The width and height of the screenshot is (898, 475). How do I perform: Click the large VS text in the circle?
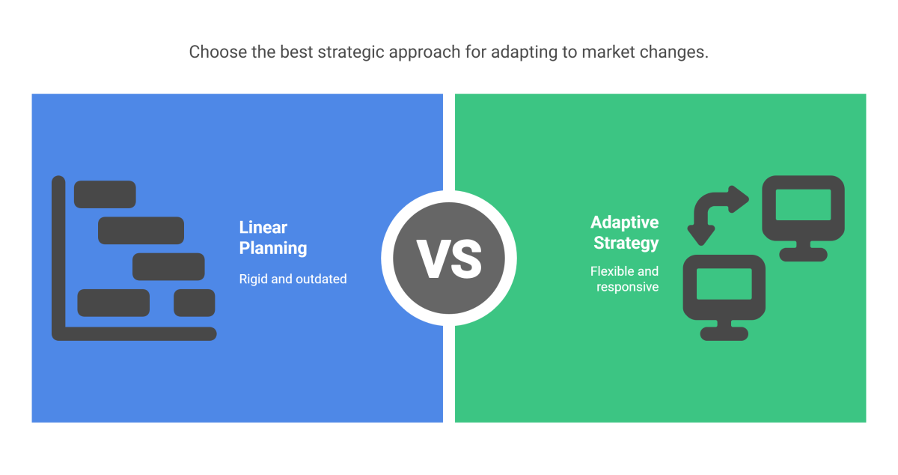click(449, 258)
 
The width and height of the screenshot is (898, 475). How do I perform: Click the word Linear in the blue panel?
click(263, 228)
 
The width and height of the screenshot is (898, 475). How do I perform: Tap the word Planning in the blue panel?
click(272, 248)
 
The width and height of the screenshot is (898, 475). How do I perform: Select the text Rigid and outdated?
click(293, 279)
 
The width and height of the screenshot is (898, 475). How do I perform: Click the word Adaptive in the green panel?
click(624, 223)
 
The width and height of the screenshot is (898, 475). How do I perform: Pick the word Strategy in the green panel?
click(626, 243)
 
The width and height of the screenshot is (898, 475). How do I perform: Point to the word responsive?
click(627, 287)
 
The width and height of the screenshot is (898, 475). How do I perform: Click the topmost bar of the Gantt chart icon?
click(105, 194)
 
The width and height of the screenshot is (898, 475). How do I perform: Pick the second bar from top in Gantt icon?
click(141, 230)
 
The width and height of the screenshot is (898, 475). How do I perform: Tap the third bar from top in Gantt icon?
click(168, 267)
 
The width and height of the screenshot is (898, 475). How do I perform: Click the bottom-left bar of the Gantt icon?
click(113, 303)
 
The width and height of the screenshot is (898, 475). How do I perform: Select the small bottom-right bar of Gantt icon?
click(195, 303)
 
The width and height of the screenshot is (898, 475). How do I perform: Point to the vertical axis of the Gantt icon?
click(58, 255)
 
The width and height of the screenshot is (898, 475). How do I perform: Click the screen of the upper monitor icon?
click(803, 205)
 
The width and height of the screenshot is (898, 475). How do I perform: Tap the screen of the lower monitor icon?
click(724, 284)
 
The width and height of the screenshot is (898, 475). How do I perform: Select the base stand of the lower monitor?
click(724, 333)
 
